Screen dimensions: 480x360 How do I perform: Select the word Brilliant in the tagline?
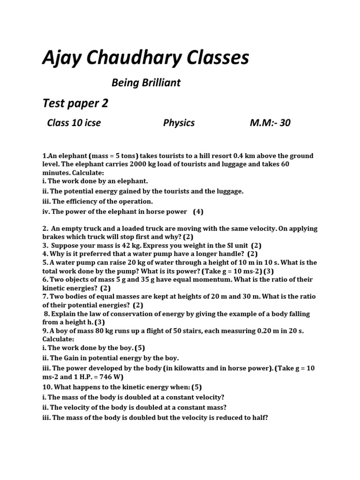click(x=159, y=83)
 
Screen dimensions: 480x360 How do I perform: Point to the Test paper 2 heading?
click(x=75, y=103)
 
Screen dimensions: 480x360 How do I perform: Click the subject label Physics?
click(x=179, y=123)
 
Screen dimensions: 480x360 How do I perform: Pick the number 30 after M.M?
click(x=285, y=123)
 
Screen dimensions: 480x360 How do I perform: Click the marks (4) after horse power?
click(x=198, y=211)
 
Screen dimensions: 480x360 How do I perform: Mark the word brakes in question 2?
click(x=54, y=237)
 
